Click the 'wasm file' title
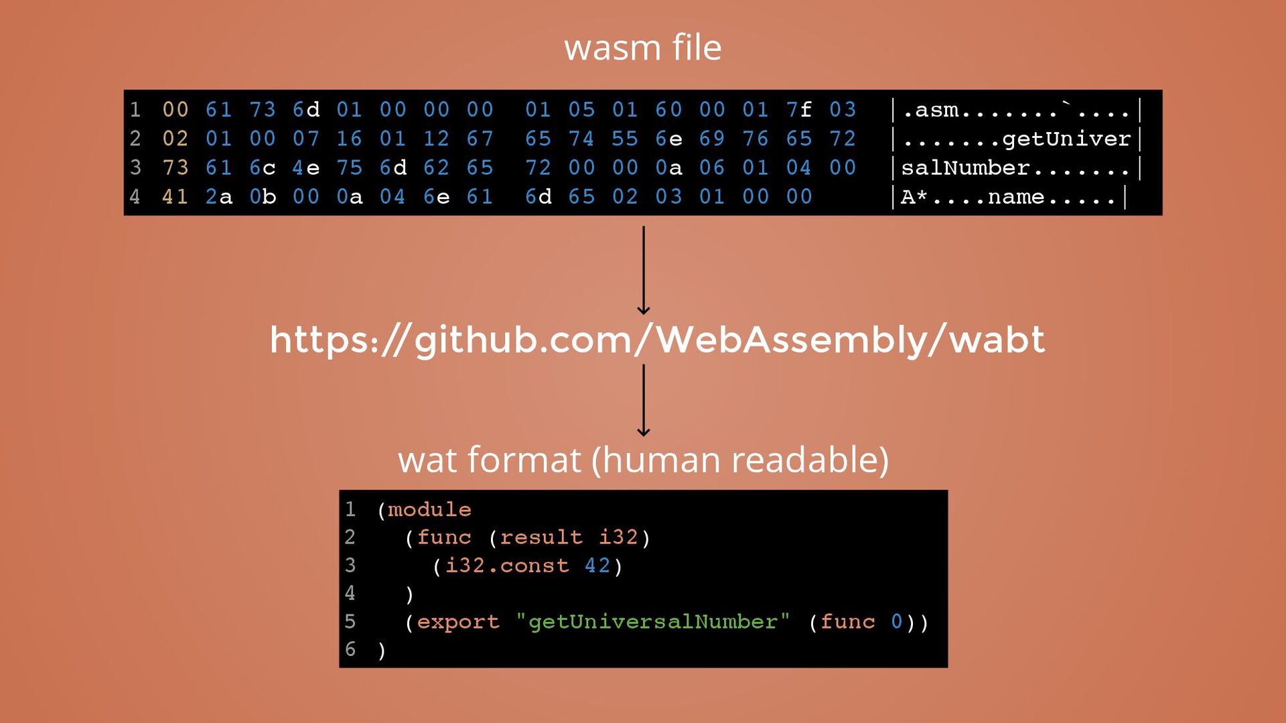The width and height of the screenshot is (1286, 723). pos(642,48)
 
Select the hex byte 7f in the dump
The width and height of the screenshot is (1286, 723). pos(798,109)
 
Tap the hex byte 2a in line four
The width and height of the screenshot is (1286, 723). pos(218,197)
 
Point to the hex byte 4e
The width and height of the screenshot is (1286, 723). pos(305,168)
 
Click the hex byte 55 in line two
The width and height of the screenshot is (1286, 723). pos(624,139)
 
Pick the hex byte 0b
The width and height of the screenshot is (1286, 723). pos(262,197)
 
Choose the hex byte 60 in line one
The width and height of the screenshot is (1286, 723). pos(668,109)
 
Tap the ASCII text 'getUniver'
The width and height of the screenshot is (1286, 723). pos(1066,139)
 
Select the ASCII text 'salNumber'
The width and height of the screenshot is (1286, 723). pos(965,168)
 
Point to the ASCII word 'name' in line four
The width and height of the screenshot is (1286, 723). pos(1016,197)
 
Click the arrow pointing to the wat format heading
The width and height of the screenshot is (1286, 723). pos(644,400)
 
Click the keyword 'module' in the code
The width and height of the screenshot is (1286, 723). pos(429,510)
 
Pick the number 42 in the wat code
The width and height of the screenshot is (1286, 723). pos(597,566)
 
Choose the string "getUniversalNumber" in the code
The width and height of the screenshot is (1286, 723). pos(652,622)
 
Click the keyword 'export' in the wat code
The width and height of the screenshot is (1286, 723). pos(458,622)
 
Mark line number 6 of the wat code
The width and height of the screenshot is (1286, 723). pos(350,649)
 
